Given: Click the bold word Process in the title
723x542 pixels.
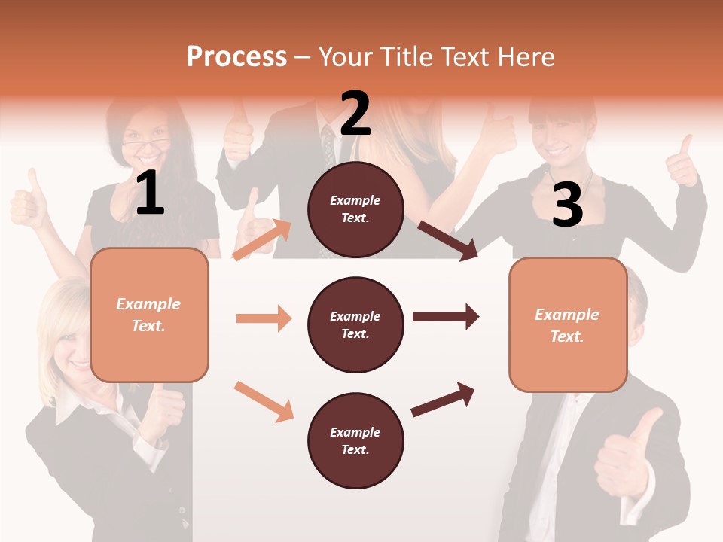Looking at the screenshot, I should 236,57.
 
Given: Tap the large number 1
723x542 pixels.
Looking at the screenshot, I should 150,193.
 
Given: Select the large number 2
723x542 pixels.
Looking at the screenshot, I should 355,114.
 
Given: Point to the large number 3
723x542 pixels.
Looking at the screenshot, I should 567,205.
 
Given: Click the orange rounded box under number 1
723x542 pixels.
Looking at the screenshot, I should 149,315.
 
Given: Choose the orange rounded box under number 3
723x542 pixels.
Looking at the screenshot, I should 568,324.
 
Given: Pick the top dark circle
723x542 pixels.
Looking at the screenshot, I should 355,209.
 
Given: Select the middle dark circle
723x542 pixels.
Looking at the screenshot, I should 355,324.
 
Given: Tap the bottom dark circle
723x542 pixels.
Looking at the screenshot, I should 355,440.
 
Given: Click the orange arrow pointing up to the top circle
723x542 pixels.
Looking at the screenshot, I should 262,239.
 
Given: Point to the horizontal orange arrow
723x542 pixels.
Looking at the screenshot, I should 264,318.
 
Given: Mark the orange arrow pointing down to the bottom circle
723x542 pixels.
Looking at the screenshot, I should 264,400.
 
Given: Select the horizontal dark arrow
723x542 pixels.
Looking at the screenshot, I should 445,317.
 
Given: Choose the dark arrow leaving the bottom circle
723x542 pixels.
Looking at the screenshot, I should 443,399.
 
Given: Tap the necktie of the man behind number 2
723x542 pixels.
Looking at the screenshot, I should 328,147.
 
